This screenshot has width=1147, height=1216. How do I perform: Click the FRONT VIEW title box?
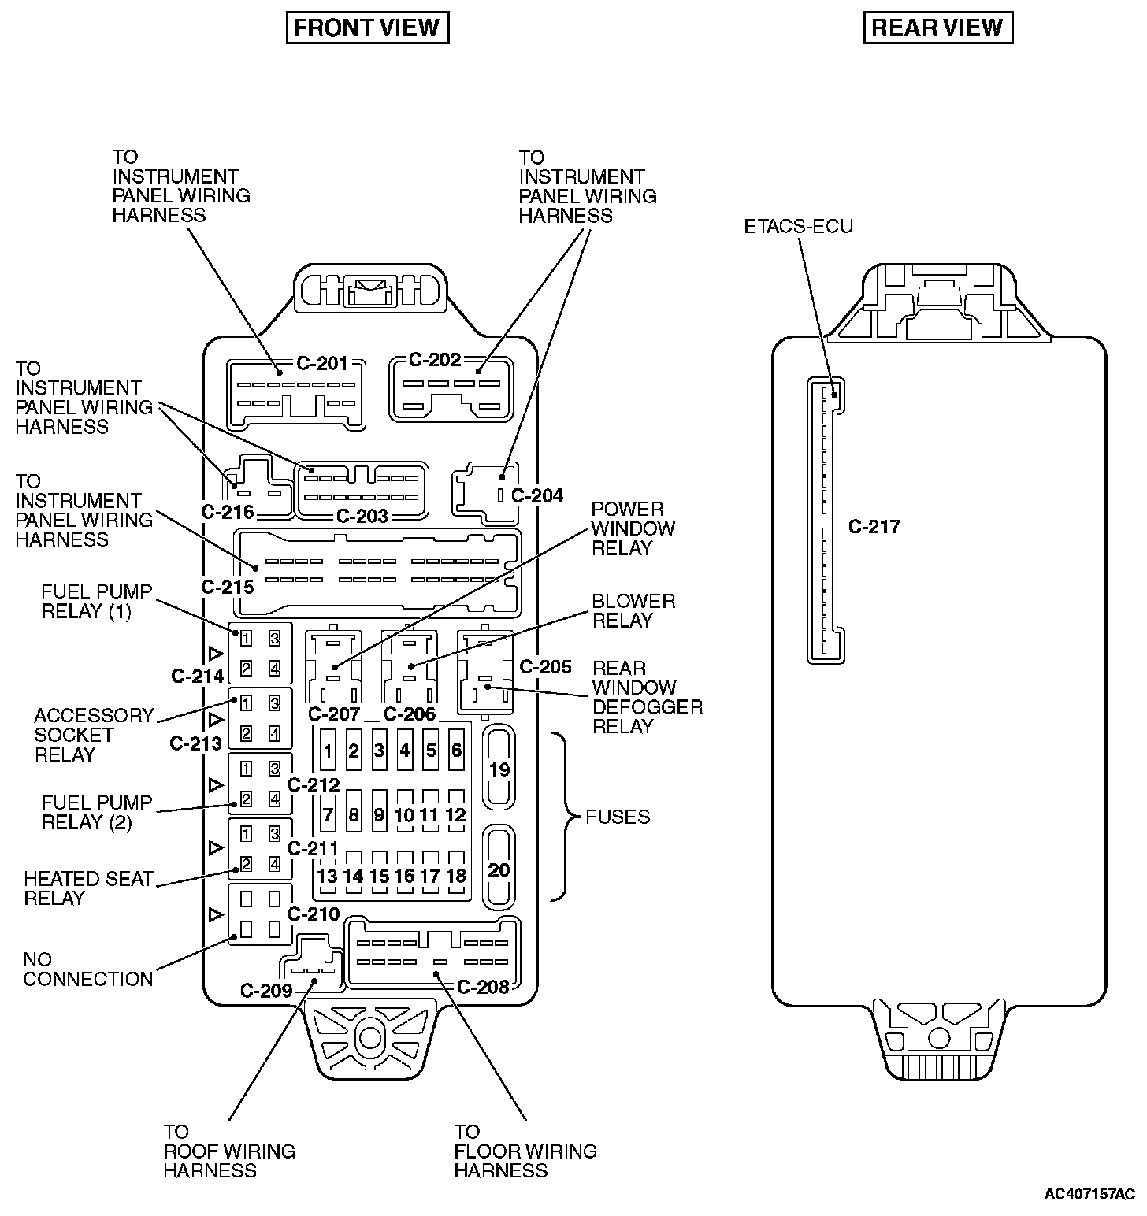(x=367, y=28)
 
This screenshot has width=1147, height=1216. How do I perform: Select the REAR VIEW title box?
(x=937, y=28)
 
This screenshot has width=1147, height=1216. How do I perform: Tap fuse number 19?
(x=499, y=769)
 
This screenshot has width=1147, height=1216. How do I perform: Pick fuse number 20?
(x=499, y=869)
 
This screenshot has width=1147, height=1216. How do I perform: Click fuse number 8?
(x=354, y=814)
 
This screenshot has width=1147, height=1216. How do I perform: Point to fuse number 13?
(x=327, y=876)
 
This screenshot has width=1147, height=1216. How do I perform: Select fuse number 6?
(x=456, y=750)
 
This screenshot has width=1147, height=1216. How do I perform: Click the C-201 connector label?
(x=322, y=363)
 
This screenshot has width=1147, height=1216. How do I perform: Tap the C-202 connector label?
(x=435, y=360)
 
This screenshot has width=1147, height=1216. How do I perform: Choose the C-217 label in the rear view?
(x=874, y=527)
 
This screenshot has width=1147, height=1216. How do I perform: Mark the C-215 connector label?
(x=228, y=587)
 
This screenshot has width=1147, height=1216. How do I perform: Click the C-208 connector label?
(x=483, y=987)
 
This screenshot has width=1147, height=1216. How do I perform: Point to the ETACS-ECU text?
(x=798, y=227)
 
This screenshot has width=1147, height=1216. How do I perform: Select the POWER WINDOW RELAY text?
(x=633, y=528)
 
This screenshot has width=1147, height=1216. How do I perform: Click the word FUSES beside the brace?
(x=618, y=817)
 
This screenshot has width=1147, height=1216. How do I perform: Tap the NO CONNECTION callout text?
(x=87, y=969)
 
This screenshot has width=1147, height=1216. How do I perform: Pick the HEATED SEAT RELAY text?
(x=88, y=888)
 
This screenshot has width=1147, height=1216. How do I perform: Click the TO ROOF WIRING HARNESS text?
(x=228, y=1151)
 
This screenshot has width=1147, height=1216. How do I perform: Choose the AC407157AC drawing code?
(x=1089, y=1194)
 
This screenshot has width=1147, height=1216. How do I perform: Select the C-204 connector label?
(x=537, y=495)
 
